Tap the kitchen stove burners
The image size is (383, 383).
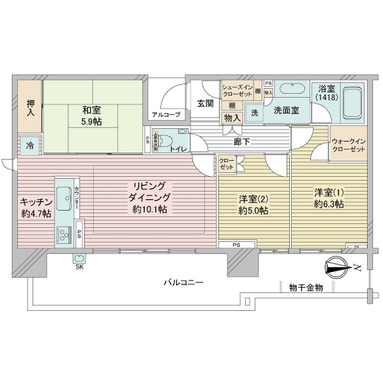(x=64, y=237)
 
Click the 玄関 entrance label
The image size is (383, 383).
(x=205, y=103)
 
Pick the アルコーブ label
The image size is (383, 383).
(x=165, y=115)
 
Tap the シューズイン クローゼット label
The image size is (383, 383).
(x=237, y=90)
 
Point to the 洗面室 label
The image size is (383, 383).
(x=287, y=110)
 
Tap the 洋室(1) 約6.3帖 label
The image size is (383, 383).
(x=329, y=198)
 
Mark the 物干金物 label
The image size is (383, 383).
(x=305, y=288)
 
